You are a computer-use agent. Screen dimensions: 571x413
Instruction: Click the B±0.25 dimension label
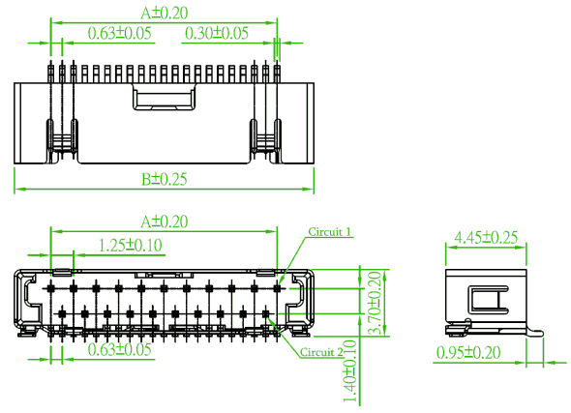coord(165,179)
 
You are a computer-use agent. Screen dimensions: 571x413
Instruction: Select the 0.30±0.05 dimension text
coord(217,33)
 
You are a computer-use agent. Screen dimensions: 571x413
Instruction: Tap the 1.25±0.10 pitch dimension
coord(131,246)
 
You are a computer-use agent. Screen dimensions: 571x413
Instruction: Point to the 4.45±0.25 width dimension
coord(486,238)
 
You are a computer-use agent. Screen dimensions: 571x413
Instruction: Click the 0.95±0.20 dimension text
coord(468,353)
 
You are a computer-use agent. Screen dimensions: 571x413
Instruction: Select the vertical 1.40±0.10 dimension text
coord(350,371)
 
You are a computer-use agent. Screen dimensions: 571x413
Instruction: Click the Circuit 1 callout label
coord(330,232)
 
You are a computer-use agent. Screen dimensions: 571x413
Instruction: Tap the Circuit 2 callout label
coord(321,352)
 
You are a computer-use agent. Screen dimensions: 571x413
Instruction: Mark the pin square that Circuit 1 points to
coord(278,288)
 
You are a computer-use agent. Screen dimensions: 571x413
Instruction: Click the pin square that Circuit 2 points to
coord(266,313)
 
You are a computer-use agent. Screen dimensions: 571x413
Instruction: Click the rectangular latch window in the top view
coord(165,99)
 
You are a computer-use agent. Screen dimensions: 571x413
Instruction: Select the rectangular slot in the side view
coord(488,300)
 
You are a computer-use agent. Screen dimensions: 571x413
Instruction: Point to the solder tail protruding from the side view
coord(535,333)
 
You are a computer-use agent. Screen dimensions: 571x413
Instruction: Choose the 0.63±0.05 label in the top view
coord(119,33)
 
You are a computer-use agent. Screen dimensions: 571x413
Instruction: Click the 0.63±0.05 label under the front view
coord(119,350)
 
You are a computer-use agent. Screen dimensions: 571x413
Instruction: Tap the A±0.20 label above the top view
coord(165,14)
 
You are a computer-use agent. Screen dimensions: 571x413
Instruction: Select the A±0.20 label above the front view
coord(165,221)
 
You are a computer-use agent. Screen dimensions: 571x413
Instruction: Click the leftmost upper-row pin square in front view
coord(51,288)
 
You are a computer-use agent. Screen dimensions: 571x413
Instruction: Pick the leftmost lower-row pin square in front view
coord(62,313)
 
